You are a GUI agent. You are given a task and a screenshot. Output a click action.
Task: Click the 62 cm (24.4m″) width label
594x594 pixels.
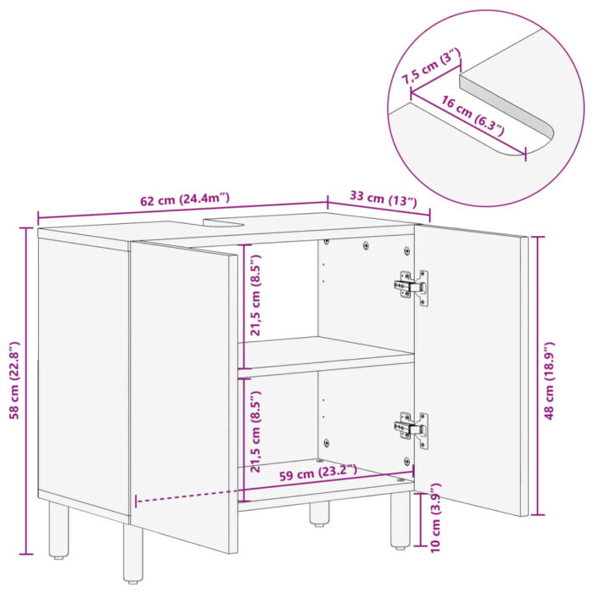(184, 200)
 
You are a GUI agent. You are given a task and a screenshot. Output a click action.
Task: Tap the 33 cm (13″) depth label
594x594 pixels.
(384, 200)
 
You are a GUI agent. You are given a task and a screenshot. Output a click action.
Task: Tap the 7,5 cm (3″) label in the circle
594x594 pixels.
(432, 65)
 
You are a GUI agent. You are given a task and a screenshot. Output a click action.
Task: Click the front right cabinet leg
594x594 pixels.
(401, 521)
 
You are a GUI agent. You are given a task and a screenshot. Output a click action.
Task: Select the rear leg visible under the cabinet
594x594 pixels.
(319, 513)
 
